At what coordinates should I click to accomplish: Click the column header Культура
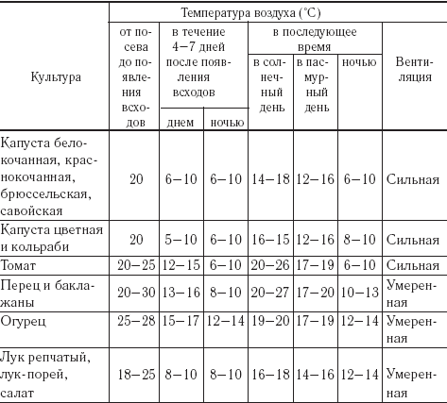coord(55,73)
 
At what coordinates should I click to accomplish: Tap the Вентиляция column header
coord(414,72)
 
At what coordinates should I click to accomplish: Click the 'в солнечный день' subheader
coord(268,91)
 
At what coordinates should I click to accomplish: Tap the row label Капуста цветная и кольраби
coord(47,237)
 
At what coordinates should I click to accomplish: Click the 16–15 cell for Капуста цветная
coord(269,239)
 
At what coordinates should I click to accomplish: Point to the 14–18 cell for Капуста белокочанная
coord(269,178)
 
